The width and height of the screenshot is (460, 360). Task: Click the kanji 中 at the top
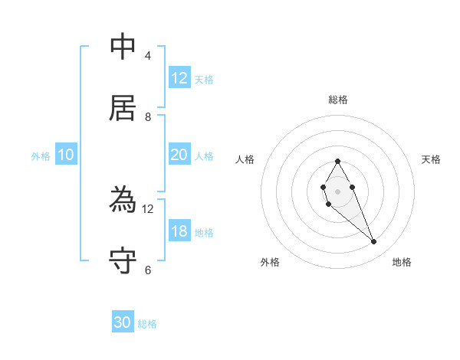click(123, 47)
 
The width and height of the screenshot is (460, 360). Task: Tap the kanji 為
click(123, 200)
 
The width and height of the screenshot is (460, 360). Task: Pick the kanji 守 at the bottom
click(123, 260)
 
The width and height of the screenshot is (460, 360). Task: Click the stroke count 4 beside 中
click(147, 56)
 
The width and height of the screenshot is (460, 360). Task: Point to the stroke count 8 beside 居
click(147, 116)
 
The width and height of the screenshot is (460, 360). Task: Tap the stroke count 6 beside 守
click(147, 270)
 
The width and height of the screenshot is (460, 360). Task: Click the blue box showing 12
click(179, 78)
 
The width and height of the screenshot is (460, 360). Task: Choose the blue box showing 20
click(179, 155)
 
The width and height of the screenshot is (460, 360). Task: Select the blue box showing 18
click(179, 231)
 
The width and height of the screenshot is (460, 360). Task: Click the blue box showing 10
click(66, 155)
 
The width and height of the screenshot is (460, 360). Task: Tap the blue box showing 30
click(123, 322)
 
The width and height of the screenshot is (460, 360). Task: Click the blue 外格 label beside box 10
click(41, 156)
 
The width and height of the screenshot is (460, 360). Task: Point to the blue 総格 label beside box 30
click(147, 324)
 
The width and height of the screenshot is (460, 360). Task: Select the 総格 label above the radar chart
click(338, 100)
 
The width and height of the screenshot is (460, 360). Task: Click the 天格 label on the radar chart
click(432, 159)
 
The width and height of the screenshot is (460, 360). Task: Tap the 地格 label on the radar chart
click(402, 262)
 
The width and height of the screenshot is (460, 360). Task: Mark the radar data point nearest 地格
click(374, 242)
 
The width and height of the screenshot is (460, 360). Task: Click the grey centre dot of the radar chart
click(337, 191)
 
